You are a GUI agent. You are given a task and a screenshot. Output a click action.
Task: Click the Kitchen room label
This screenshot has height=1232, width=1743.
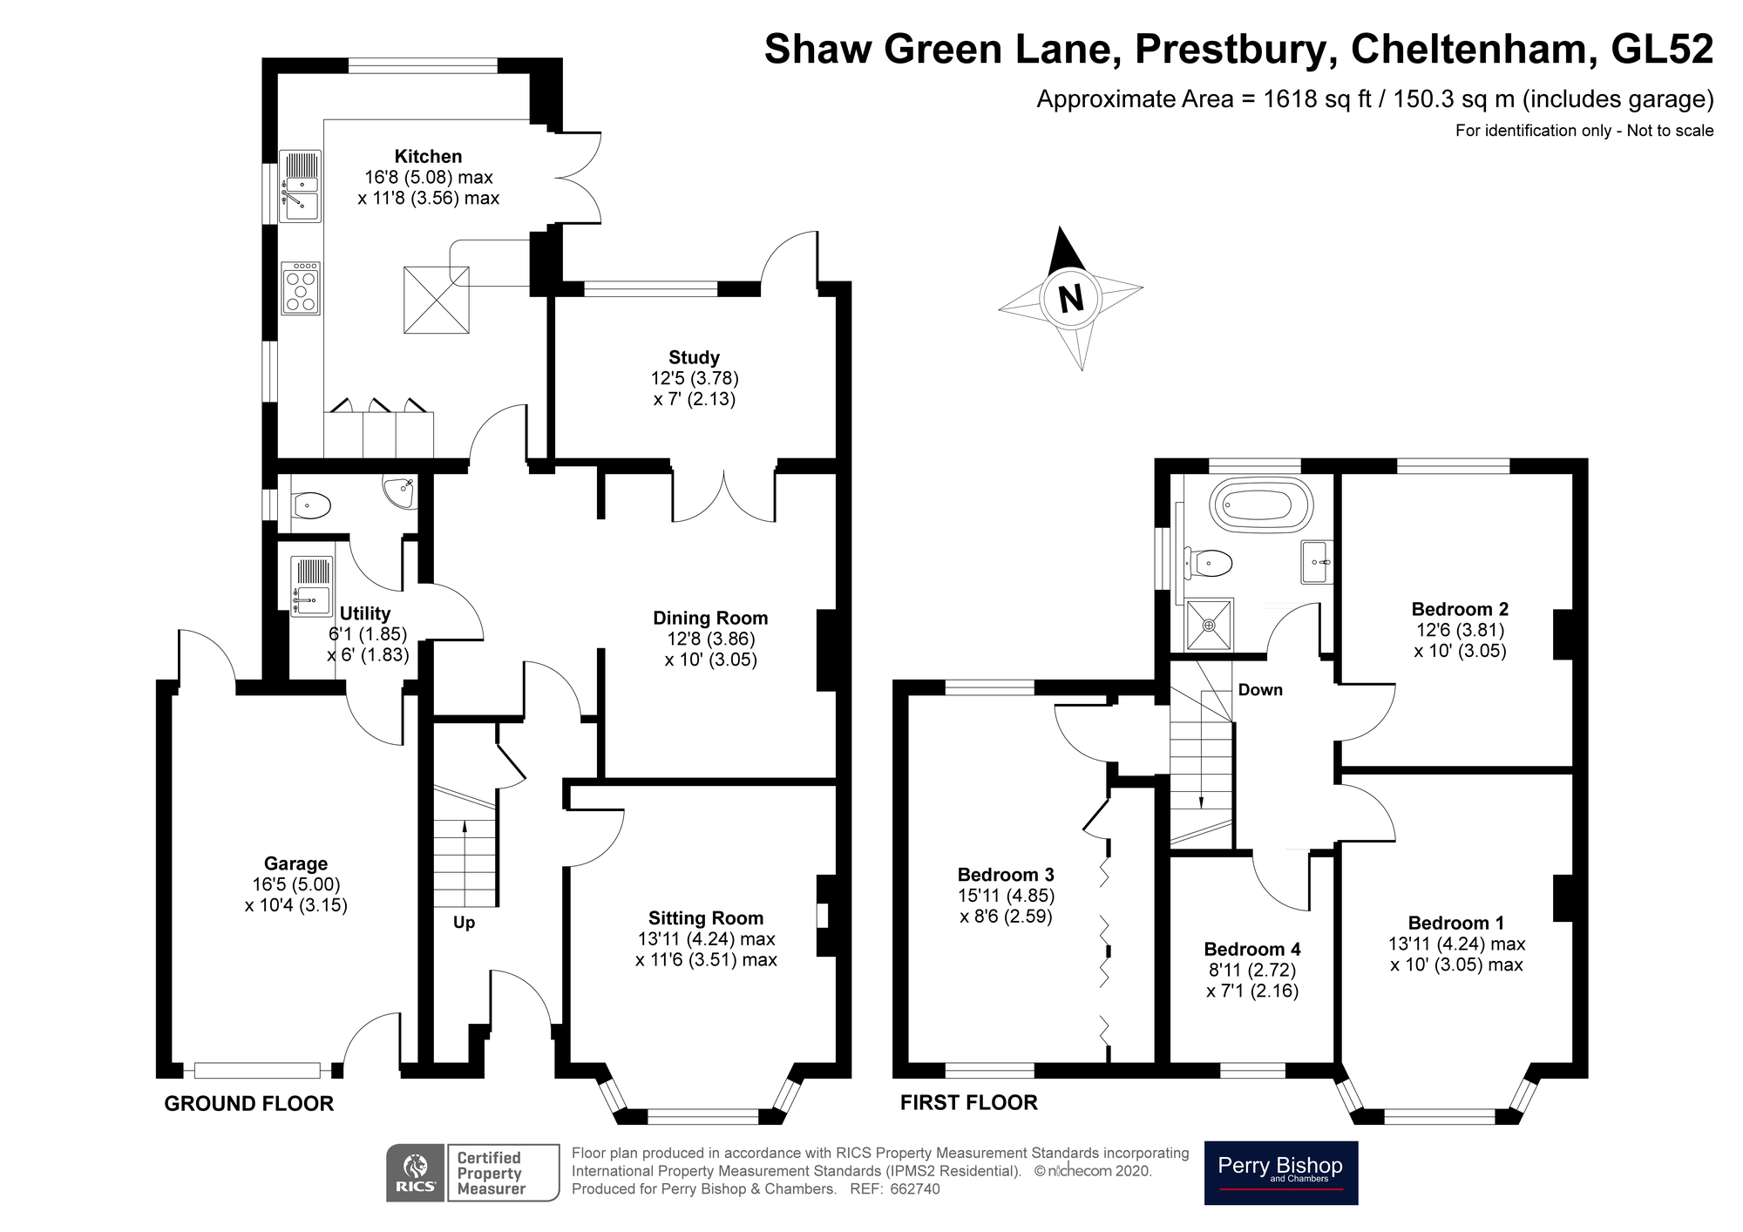coord(428,157)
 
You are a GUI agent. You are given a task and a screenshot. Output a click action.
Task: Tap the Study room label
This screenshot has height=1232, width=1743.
coord(695,357)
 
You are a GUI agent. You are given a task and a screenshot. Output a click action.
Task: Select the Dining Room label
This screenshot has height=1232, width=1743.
coord(710,618)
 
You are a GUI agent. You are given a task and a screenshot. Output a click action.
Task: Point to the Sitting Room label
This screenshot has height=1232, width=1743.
coord(706,917)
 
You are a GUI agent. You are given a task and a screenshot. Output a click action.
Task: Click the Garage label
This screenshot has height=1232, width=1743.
coord(296,863)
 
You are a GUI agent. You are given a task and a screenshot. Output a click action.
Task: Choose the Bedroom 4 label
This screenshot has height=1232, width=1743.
coord(1252,949)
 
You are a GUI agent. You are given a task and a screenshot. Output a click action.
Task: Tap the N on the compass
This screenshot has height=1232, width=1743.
coord(1070,299)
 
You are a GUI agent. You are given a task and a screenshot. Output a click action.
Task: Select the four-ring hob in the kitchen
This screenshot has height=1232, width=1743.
coord(301,288)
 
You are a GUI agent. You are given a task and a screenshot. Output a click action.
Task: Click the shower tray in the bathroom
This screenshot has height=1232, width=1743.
coord(1210,624)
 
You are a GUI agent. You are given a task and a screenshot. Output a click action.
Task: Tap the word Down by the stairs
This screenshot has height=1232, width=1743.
coord(1260,690)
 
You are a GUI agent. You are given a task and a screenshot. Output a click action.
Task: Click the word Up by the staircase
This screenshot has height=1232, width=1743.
coord(464,923)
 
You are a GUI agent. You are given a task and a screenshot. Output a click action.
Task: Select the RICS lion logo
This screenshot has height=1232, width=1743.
coord(417,1173)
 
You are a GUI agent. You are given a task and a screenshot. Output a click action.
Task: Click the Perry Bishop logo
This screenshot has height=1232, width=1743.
coord(1280,1173)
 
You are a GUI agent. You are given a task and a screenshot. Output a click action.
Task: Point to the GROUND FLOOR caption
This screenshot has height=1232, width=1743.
coord(249,1104)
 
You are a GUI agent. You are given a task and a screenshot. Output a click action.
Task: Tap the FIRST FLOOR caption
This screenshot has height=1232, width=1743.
coord(969,1103)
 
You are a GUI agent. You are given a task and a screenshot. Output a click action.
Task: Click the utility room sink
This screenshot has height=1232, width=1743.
coord(312,586)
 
